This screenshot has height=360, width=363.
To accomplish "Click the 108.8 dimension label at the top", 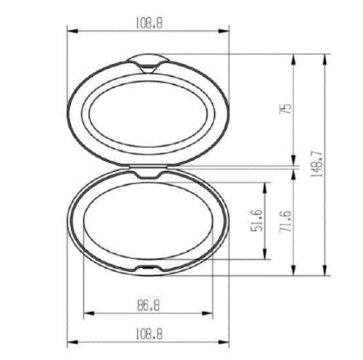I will coord(148,23).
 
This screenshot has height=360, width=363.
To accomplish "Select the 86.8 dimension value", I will coord(147,305).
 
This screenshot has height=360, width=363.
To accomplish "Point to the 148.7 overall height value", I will coord(317,165).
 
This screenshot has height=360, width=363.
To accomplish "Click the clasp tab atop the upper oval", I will coord(148,62).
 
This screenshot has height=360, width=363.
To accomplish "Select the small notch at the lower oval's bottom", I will coord(148,270).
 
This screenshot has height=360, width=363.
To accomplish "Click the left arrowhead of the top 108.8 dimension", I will coord(70,30).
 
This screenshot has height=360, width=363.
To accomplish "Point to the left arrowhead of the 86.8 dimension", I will coord(87,314).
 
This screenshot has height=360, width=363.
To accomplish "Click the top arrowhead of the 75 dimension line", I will coord(293,57).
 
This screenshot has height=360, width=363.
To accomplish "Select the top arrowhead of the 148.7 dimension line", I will coord(325,57).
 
